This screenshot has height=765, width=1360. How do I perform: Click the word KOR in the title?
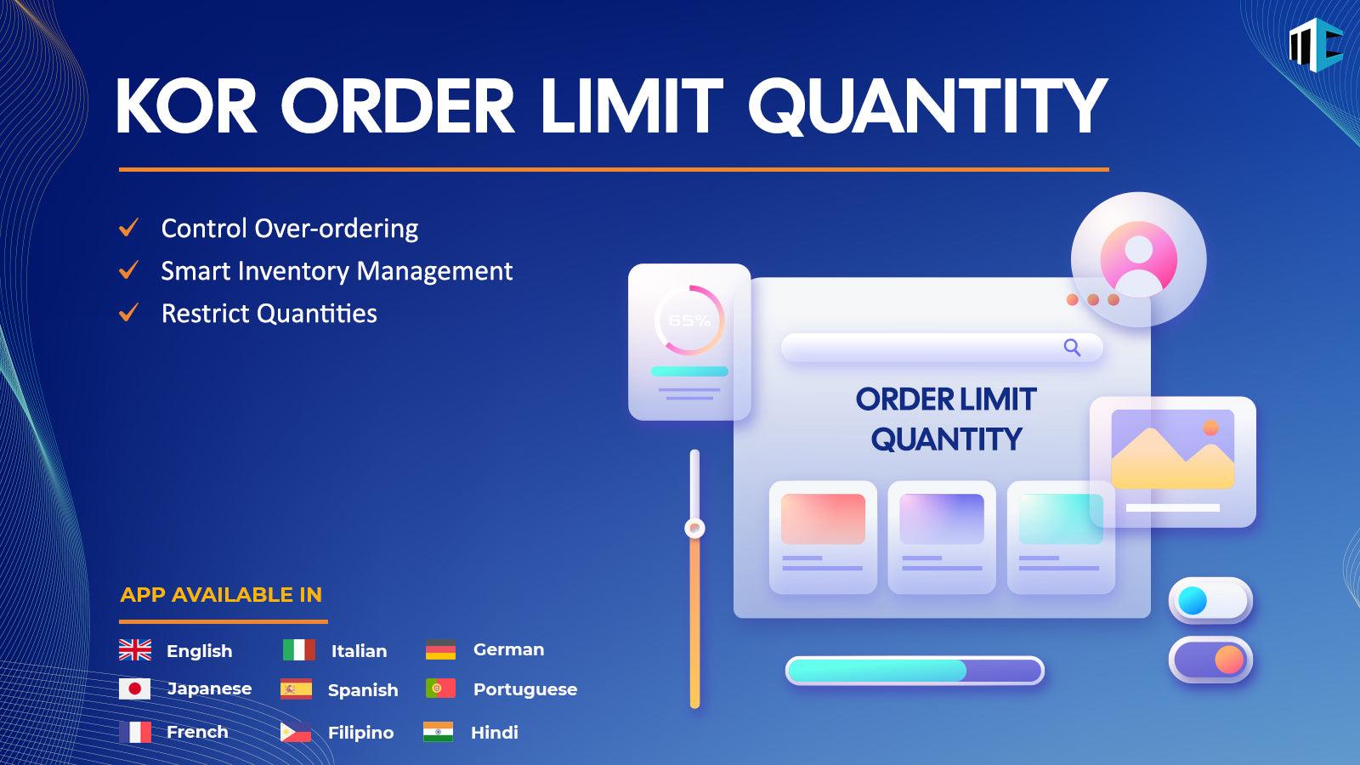point(186,106)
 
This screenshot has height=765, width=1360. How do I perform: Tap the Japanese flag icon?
point(134,688)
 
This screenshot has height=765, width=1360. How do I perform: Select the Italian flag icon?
point(298,650)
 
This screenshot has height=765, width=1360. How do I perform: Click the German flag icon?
point(440,649)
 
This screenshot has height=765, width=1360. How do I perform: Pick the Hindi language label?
point(494,733)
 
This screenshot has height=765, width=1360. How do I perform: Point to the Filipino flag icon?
point(295,732)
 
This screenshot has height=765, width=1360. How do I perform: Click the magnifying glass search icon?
point(1072,347)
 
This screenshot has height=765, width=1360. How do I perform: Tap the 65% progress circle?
point(689,320)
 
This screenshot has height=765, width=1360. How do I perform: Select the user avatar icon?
point(1138,259)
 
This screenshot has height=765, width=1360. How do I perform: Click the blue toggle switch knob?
point(1193,601)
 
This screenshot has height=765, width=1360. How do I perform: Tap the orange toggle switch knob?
point(1229,660)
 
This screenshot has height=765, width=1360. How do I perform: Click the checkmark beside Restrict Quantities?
point(129,314)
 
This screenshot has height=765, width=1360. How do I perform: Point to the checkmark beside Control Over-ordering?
point(129,228)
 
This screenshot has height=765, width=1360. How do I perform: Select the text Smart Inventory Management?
point(337,271)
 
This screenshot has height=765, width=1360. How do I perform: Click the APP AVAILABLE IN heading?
point(221,595)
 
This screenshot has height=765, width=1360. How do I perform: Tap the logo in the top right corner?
point(1315,44)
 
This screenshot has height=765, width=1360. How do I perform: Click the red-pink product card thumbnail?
point(823,518)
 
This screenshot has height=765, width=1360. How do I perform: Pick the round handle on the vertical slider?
point(694,529)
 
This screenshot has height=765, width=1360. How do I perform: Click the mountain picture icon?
point(1172,450)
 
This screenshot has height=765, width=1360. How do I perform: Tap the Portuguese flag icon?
point(440,688)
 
